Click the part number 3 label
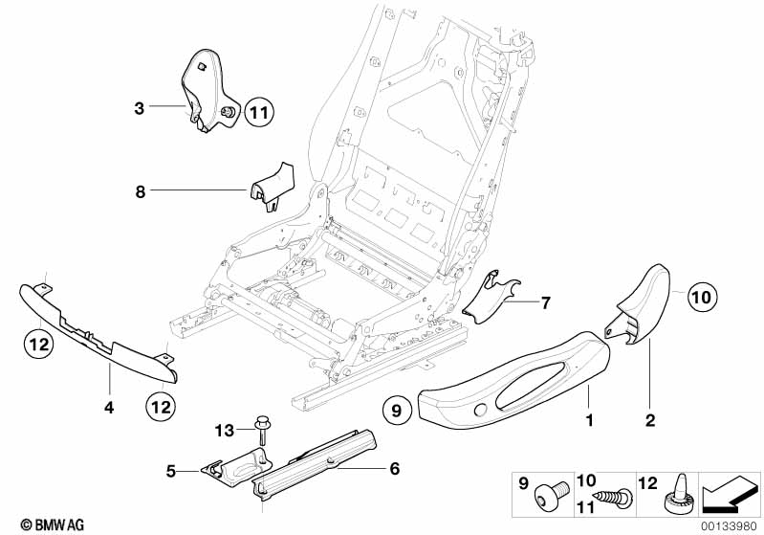click(139, 109)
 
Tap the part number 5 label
click(172, 470)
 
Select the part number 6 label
click(394, 469)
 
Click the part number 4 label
click(109, 408)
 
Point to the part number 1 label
click(590, 420)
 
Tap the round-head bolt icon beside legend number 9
click(549, 495)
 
